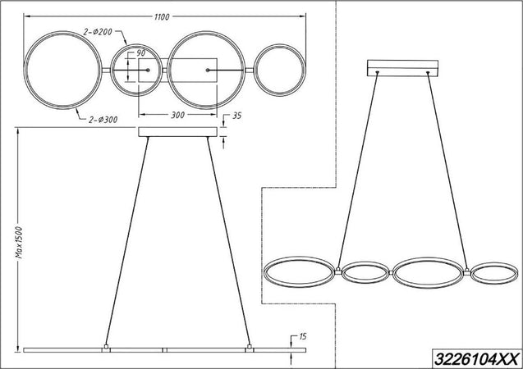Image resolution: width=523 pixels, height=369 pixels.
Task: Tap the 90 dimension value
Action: [x=140, y=54]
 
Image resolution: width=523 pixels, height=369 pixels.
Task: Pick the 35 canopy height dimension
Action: [x=237, y=117]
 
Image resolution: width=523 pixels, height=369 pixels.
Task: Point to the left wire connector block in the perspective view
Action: [x=337, y=267]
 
